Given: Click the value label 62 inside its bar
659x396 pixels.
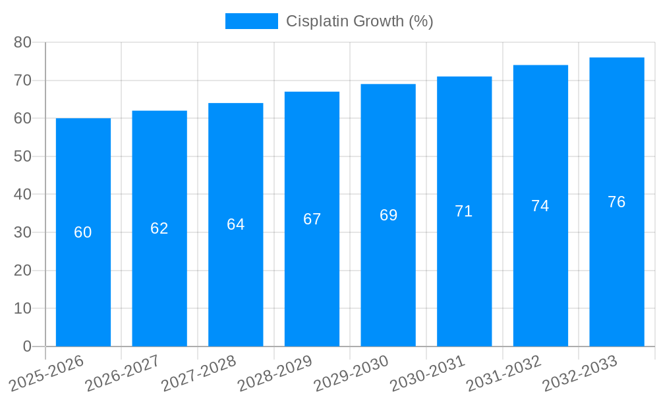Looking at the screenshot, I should point(159,228).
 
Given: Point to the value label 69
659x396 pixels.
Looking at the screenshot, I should point(388,215).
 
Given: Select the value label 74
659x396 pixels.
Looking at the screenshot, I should point(540,206).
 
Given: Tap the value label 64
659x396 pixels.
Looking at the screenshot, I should point(236,224).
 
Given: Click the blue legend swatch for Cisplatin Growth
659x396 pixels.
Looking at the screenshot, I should point(251,21).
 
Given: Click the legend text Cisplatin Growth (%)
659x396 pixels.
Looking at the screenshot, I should point(359,21).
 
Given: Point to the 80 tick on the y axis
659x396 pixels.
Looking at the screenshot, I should point(22,42).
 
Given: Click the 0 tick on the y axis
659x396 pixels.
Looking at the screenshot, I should point(27,346).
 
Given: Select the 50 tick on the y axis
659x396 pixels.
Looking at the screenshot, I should point(22,156).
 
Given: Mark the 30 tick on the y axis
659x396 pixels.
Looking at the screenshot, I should point(22,232).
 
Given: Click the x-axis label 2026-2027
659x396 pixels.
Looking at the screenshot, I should point(123,374).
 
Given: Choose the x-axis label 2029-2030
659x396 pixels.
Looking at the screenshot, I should point(351,374).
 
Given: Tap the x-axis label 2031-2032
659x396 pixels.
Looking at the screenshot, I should point(504,374).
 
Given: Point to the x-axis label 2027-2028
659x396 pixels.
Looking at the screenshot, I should point(199,374).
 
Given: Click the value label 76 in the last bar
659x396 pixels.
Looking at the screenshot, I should point(617,202).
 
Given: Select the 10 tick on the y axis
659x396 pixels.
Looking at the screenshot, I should point(22,308).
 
